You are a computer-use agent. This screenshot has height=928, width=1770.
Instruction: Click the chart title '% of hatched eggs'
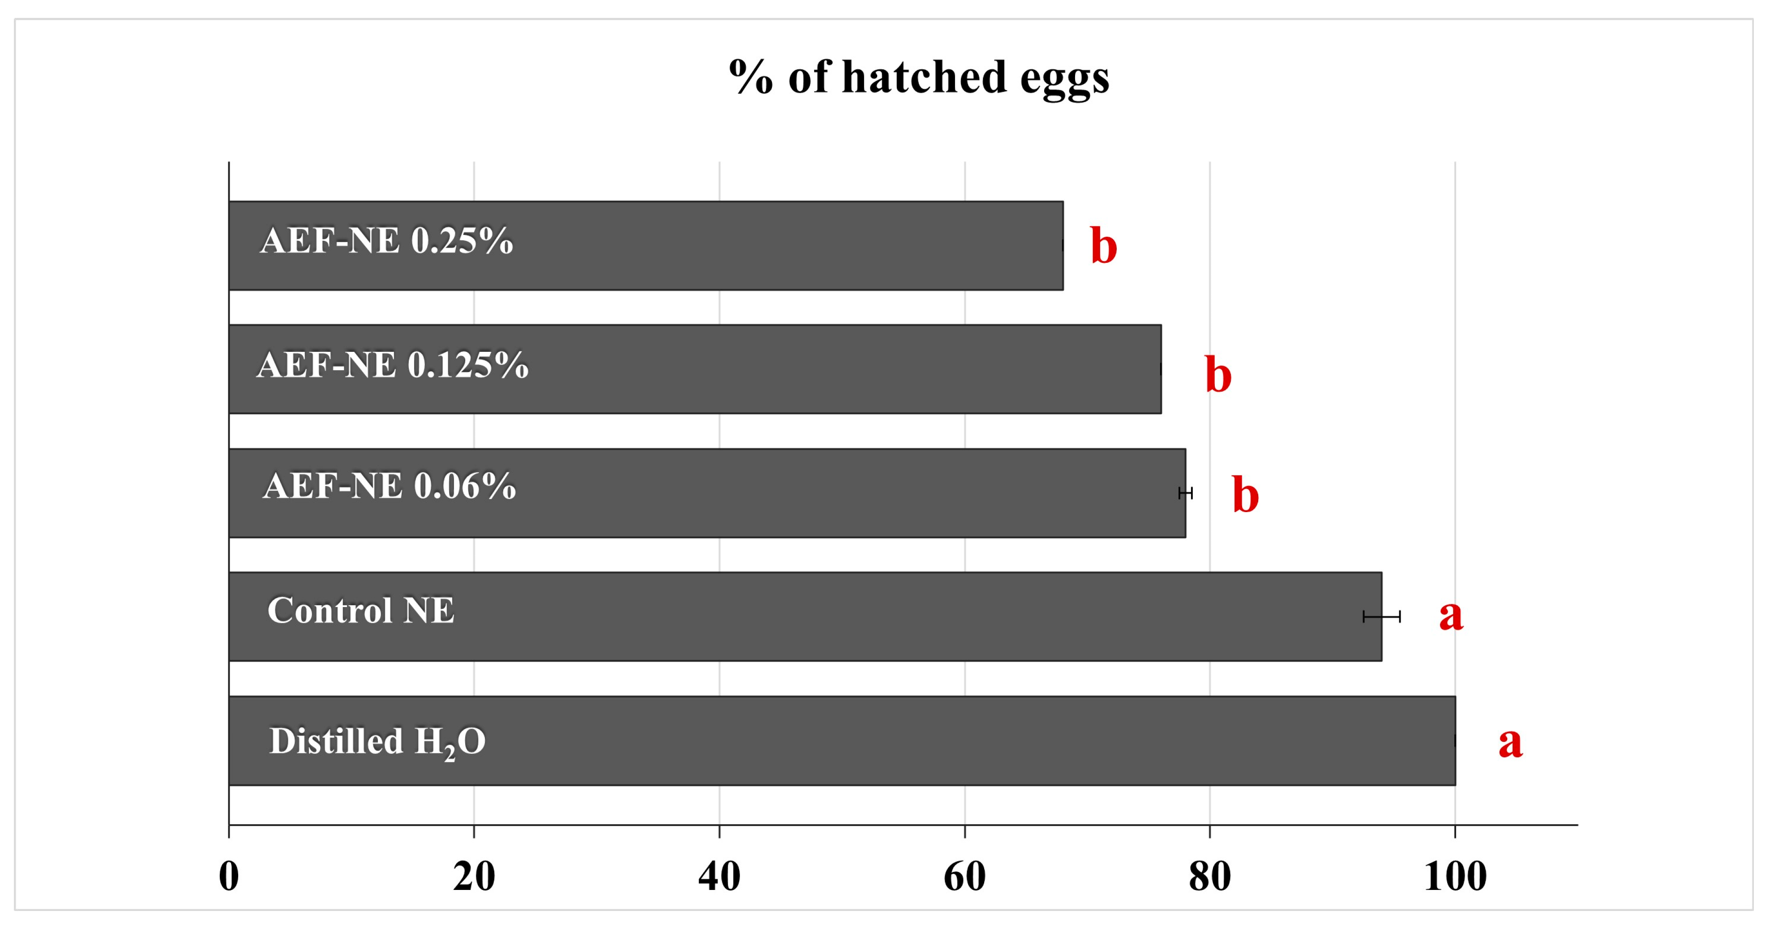(919, 77)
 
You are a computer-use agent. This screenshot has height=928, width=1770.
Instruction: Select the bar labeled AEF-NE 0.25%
(646, 246)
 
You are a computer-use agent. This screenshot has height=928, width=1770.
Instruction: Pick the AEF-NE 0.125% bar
(694, 369)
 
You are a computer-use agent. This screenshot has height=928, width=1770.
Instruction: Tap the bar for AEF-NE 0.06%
(707, 493)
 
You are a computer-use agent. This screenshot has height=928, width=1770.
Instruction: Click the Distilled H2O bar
(842, 740)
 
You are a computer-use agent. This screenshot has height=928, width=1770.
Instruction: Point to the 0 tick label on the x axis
(229, 877)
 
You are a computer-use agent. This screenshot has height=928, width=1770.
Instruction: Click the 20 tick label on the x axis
(474, 877)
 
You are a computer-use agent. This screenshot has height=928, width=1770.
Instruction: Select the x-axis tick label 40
(720, 877)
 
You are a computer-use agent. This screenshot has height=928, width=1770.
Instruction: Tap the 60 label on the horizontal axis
(965, 877)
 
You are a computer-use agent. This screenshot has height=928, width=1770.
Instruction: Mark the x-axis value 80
(1210, 877)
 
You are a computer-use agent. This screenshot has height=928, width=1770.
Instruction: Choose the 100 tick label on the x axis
(1455, 877)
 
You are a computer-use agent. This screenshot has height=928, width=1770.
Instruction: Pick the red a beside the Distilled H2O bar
(1511, 743)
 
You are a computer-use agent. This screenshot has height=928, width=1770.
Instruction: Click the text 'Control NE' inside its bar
(361, 610)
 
